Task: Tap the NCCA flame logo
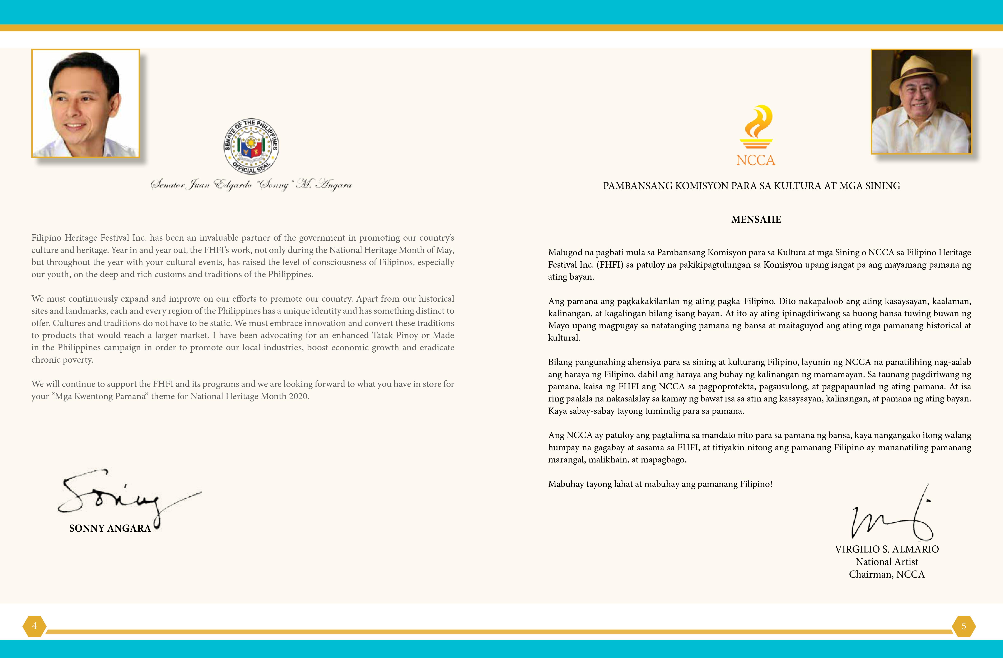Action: click(x=756, y=126)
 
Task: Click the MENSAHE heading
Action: click(x=756, y=220)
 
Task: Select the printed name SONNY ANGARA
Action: click(x=110, y=528)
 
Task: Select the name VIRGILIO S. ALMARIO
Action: click(x=887, y=549)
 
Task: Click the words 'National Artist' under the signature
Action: click(x=887, y=562)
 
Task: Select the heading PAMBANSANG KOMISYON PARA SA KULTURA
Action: click(x=751, y=186)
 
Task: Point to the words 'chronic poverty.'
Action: click(x=62, y=360)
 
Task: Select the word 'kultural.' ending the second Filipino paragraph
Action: click(x=564, y=338)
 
